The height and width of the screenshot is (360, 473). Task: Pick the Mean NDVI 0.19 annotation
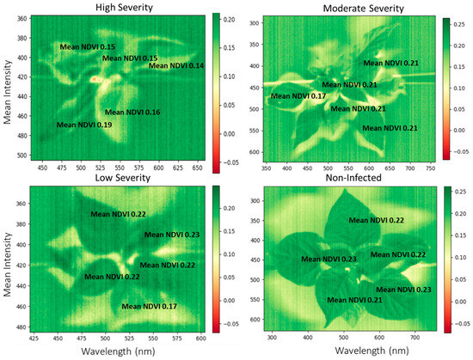click(x=84, y=125)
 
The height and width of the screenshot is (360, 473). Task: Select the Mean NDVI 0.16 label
click(x=132, y=113)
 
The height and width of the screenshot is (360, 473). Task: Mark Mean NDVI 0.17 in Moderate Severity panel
click(x=298, y=95)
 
